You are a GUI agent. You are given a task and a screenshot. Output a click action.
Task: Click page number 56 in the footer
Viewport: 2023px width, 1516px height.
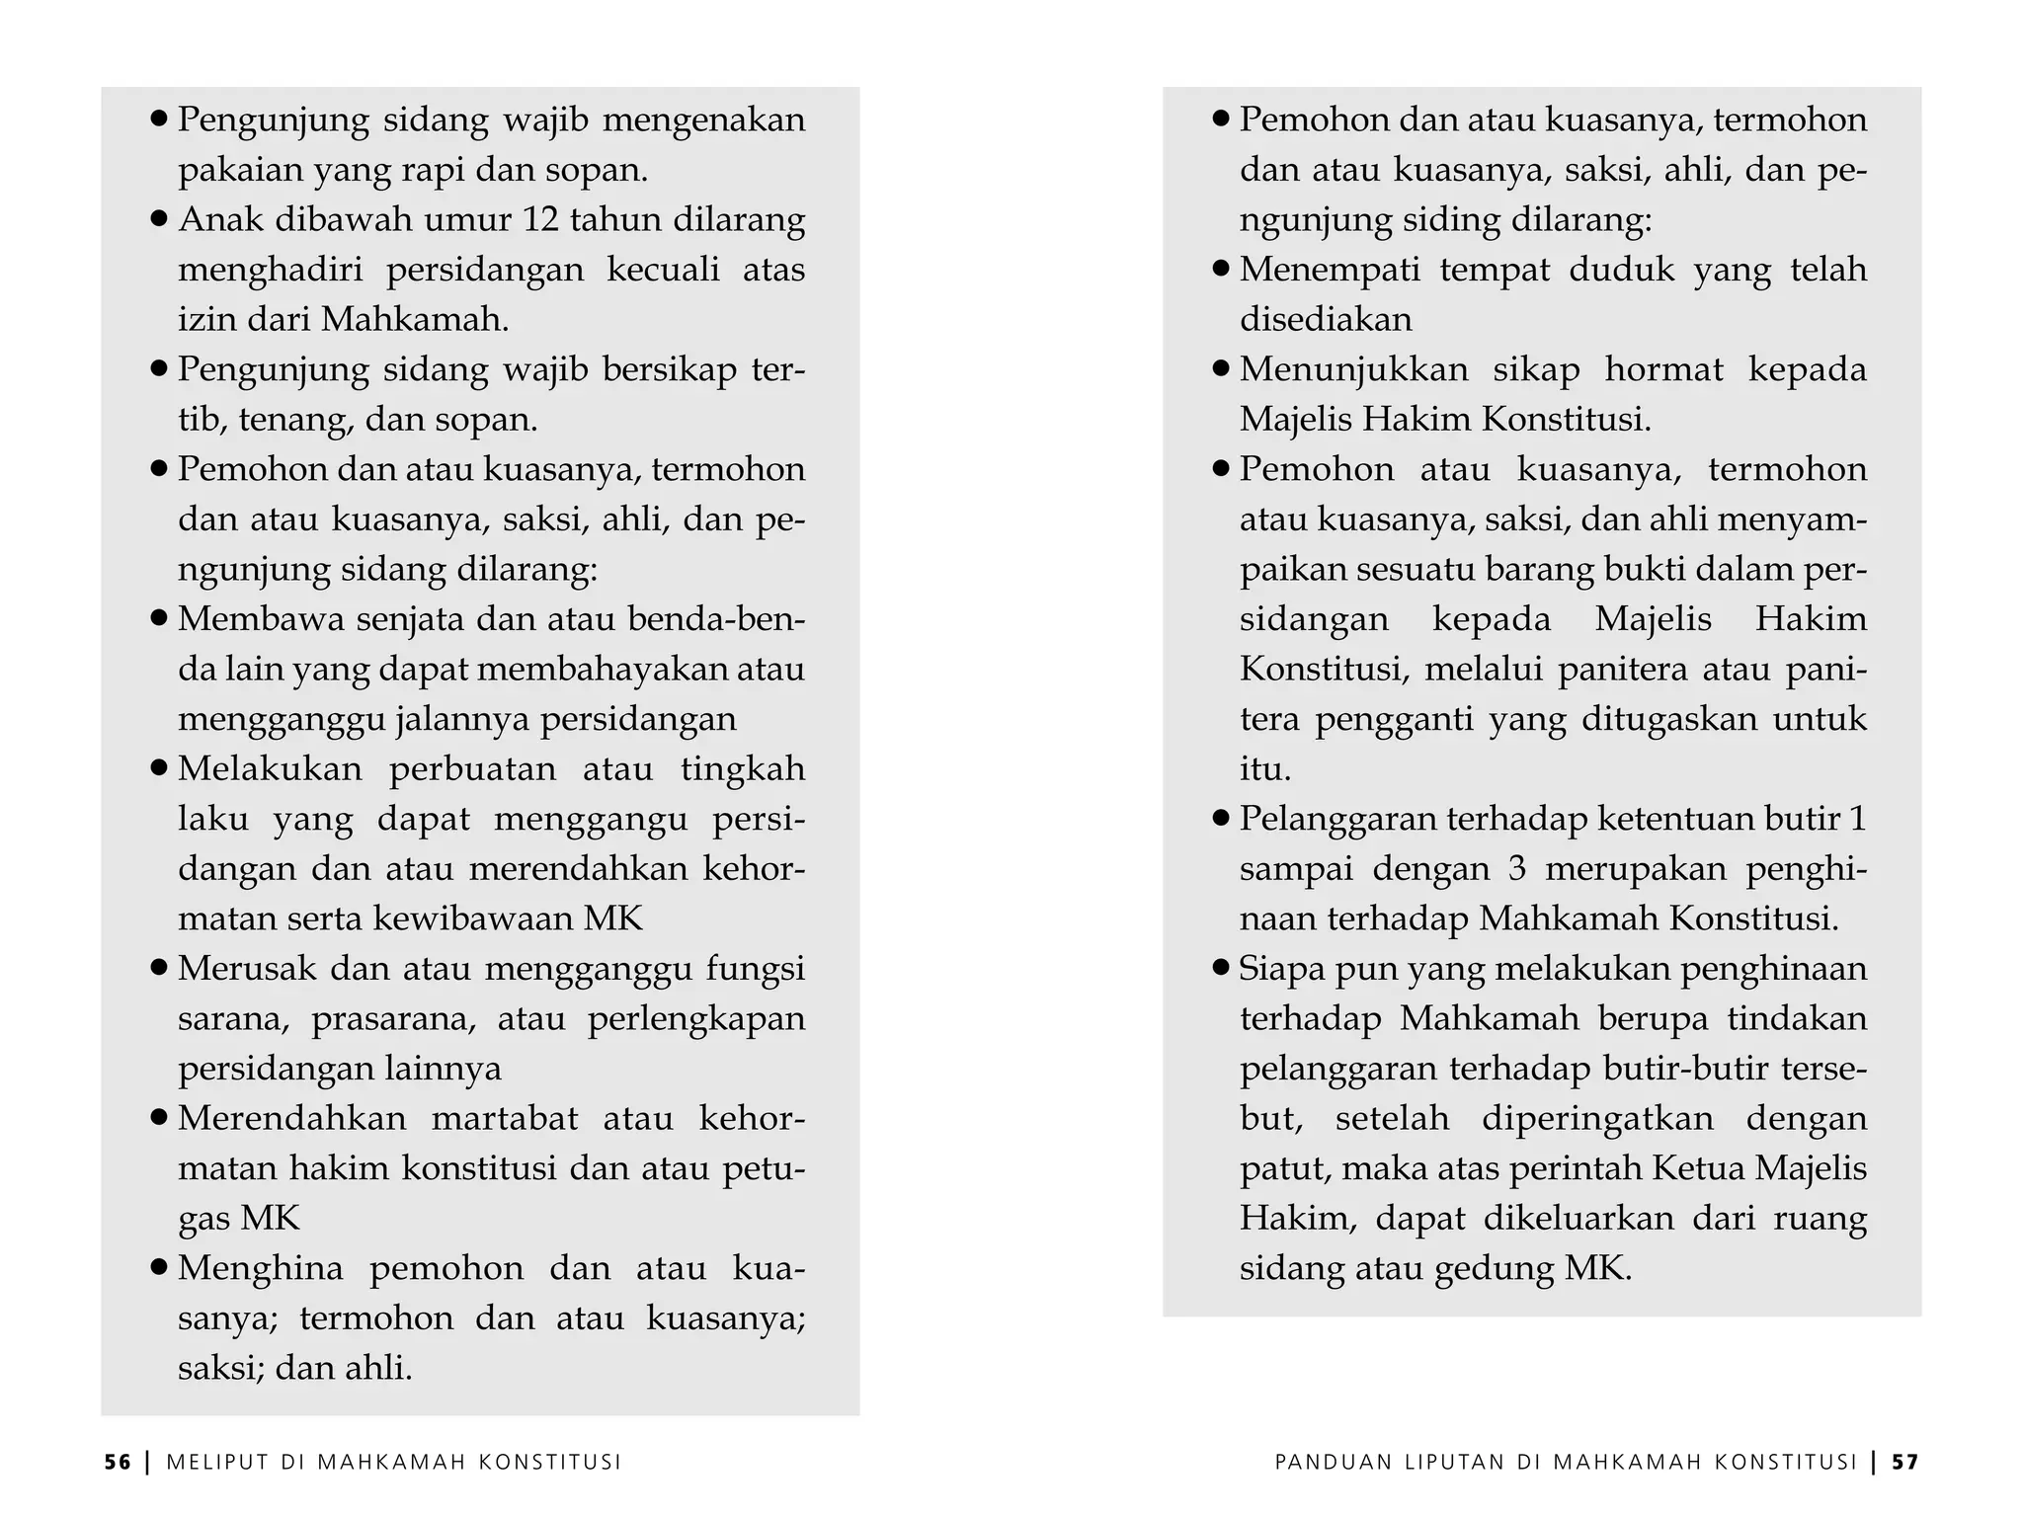(x=118, y=1463)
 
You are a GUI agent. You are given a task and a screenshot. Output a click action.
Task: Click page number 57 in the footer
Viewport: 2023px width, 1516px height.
(x=1905, y=1463)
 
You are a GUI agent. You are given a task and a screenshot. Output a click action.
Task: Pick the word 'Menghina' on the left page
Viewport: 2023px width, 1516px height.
(x=260, y=1267)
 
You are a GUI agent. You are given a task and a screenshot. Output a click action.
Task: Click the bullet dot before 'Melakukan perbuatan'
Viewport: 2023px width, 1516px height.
(x=159, y=768)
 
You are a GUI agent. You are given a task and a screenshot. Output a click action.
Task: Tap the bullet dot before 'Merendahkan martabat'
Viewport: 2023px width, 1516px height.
(x=159, y=1118)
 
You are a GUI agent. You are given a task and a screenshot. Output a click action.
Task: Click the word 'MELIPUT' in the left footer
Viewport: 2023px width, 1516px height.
(x=217, y=1463)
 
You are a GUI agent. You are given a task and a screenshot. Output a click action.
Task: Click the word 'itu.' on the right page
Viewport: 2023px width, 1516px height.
(x=1265, y=768)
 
